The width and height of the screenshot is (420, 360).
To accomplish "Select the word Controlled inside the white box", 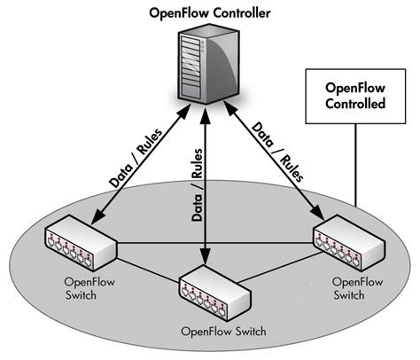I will [354, 104].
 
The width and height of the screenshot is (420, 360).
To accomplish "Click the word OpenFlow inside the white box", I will [354, 88].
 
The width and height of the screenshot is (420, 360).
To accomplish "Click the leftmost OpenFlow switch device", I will [82, 243].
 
